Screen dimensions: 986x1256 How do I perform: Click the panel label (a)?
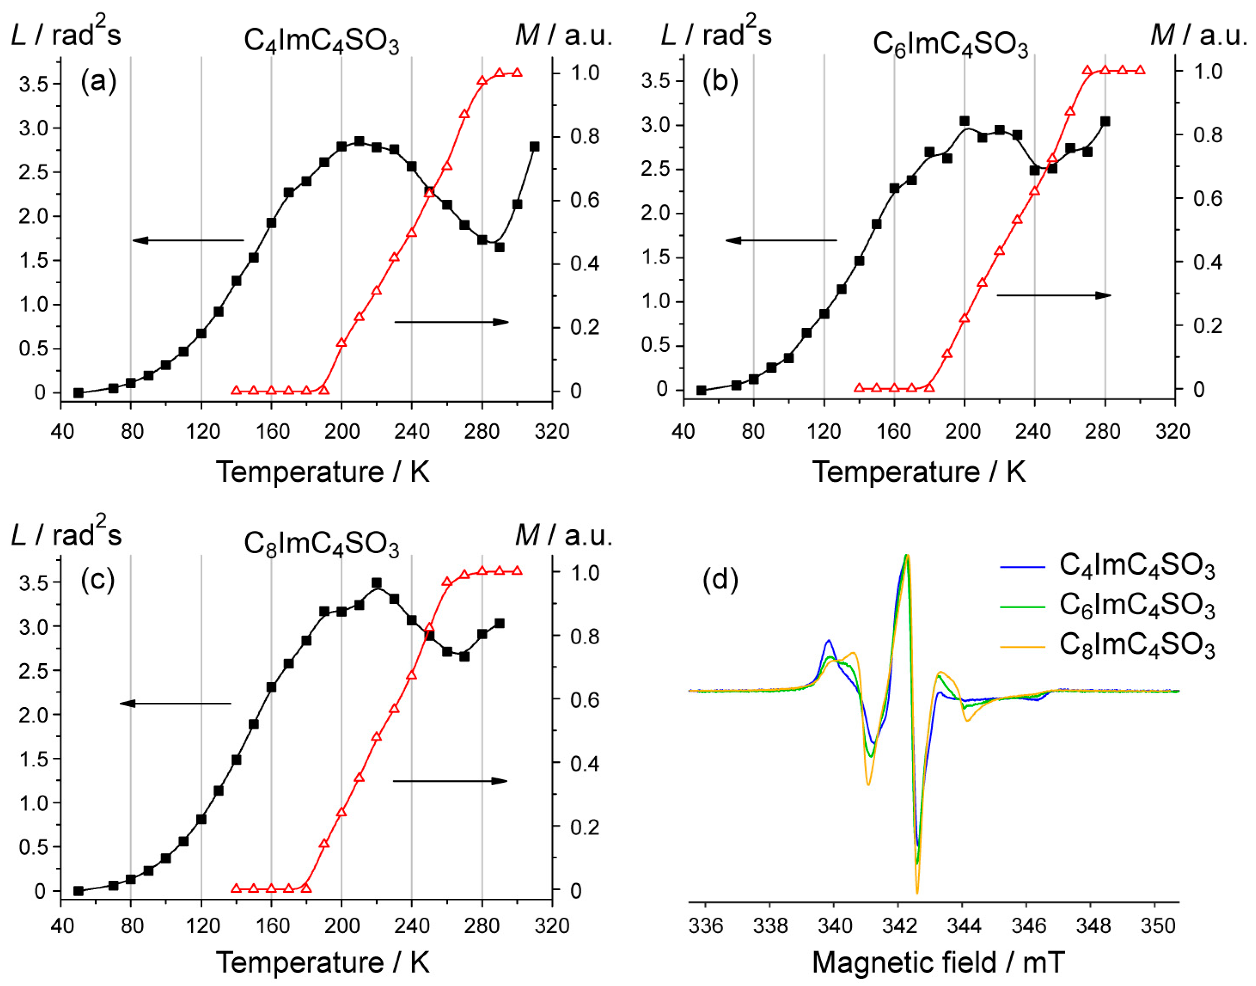click(x=99, y=81)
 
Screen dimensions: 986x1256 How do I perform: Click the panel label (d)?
click(x=720, y=579)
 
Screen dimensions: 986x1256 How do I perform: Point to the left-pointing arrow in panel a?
click(x=188, y=240)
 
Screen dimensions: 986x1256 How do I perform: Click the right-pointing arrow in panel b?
click(x=1054, y=296)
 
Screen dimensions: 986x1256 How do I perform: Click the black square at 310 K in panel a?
click(x=535, y=147)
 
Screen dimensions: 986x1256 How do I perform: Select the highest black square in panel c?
click(x=377, y=583)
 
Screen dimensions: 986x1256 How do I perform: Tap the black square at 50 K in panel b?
click(x=701, y=390)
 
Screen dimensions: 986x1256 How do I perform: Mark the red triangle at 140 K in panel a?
click(x=235, y=390)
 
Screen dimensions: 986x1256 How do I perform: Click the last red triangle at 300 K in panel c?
click(x=517, y=571)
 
